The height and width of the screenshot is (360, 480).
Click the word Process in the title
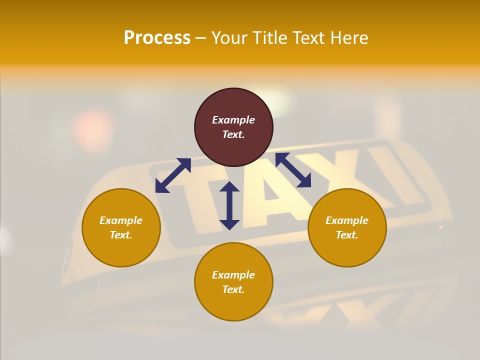157,38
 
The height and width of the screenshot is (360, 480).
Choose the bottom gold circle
233,305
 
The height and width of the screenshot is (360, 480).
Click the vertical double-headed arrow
229,205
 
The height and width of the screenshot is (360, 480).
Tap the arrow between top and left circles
173,175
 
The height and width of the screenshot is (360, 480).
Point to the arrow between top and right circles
293,170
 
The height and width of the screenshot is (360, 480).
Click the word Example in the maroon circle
233,120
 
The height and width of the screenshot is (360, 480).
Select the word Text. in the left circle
121,235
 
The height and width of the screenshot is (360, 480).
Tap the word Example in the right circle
347,220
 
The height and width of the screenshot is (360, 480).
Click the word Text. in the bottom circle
233,289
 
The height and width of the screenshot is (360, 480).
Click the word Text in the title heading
310,38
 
